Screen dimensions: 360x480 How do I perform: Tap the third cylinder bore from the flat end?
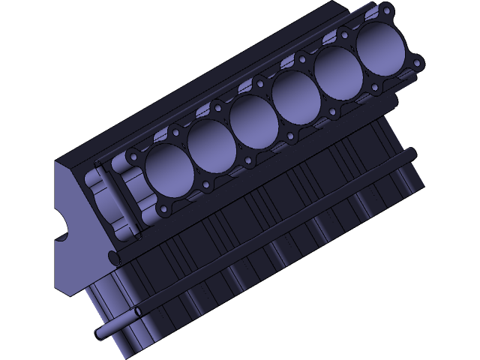(253, 121)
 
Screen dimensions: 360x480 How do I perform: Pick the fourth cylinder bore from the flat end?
(295, 96)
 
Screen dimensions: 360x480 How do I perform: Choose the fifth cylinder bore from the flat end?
(337, 72)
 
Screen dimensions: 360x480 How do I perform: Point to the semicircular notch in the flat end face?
(61, 225)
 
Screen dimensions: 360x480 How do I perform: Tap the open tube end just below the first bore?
(114, 257)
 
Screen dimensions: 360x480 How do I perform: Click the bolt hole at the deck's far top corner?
(386, 10)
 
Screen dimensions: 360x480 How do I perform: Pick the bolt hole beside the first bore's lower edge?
(205, 185)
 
